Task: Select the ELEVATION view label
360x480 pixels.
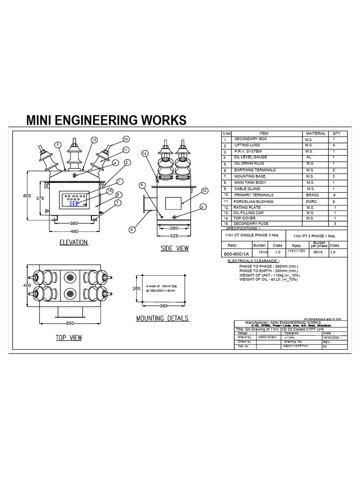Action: pos(74,242)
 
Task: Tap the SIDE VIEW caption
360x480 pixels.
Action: pos(174,248)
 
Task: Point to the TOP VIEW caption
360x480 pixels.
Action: pos(69,337)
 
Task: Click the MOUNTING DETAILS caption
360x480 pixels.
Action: pos(162,318)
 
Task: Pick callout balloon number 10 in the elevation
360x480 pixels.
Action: pos(126,139)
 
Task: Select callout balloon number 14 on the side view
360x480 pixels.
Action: pos(144,153)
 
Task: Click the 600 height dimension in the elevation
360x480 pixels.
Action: pos(27,196)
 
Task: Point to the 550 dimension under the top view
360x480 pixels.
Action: pos(70,324)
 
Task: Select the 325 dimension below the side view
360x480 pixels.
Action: pos(174,235)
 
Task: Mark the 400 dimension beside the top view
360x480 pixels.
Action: pos(27,285)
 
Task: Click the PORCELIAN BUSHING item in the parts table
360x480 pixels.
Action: pos(254,201)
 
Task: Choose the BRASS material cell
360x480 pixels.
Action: pos(312,195)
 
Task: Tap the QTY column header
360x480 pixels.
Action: pos(337,134)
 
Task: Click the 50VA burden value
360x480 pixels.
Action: pos(318,252)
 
